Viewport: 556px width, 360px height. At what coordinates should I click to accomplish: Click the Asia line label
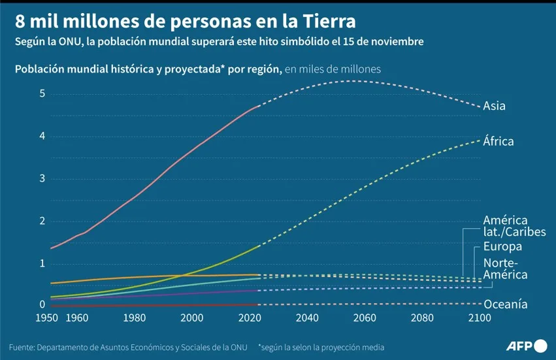pyautogui.click(x=494, y=106)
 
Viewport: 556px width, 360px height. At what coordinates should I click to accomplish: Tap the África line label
pyautogui.click(x=499, y=141)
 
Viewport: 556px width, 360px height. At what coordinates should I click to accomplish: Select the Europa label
pyautogui.click(x=502, y=246)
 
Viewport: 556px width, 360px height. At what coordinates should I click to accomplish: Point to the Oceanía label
pyautogui.click(x=505, y=304)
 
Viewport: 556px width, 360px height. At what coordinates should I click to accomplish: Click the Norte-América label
pyautogui.click(x=505, y=269)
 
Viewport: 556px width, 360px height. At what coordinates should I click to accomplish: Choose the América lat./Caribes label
pyautogui.click(x=515, y=225)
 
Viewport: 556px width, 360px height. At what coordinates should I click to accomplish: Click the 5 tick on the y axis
pyautogui.click(x=42, y=93)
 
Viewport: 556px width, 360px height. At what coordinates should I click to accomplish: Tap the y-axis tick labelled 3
pyautogui.click(x=42, y=178)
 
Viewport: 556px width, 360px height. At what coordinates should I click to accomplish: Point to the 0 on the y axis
pyautogui.click(x=42, y=304)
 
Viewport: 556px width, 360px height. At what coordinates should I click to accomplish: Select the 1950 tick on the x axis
pyautogui.click(x=47, y=318)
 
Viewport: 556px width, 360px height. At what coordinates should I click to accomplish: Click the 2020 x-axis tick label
pyautogui.click(x=250, y=318)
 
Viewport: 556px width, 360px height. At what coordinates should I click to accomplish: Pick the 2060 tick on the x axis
pyautogui.click(x=365, y=318)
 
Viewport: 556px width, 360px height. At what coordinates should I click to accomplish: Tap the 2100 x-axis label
pyautogui.click(x=480, y=318)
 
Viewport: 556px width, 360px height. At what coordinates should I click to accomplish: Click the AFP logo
pyautogui.click(x=527, y=346)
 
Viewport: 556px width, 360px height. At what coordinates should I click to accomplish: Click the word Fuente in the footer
pyautogui.click(x=22, y=347)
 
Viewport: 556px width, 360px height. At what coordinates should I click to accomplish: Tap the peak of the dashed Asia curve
pyautogui.click(x=352, y=81)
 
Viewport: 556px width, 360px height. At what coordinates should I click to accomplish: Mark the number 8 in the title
pyautogui.click(x=20, y=22)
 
